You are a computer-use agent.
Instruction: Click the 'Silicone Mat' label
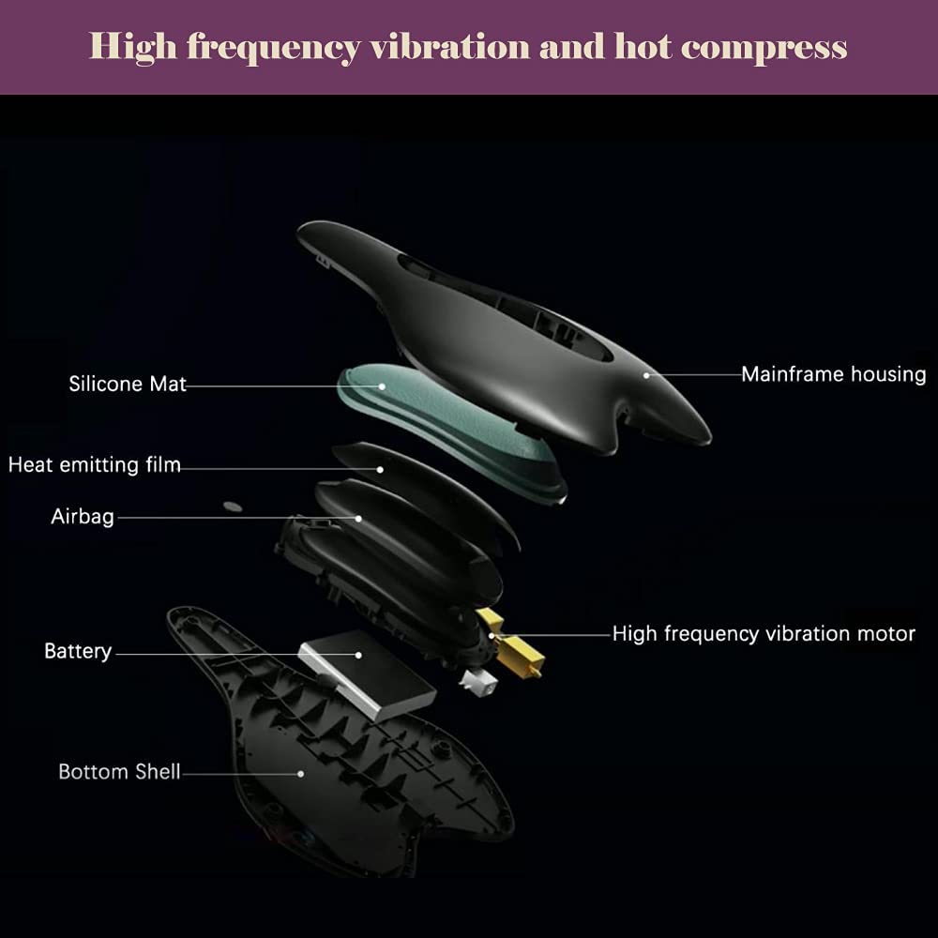[x=128, y=384]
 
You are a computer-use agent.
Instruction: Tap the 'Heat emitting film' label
[x=95, y=465]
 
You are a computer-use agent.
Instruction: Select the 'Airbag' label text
[x=83, y=516]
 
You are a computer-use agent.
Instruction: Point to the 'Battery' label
[x=78, y=651]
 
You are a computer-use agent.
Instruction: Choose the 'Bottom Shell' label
[x=120, y=772]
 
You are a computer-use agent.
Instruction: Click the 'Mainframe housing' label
[x=834, y=374]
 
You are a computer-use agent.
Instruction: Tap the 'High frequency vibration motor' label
[x=764, y=634]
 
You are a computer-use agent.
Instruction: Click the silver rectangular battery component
[x=368, y=674]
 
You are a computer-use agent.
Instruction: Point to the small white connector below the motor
[x=478, y=683]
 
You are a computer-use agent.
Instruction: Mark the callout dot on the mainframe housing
[x=646, y=376]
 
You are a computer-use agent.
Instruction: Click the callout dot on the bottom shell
[x=301, y=774]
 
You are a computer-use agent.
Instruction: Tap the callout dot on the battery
[x=358, y=655]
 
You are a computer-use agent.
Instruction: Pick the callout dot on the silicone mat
[x=382, y=386]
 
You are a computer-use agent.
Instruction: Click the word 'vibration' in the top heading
[x=449, y=47]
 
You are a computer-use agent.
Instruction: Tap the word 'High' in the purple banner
[x=133, y=48]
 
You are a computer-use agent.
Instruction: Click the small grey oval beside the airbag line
[x=233, y=507]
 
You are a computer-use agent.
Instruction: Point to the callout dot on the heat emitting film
[x=380, y=470]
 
